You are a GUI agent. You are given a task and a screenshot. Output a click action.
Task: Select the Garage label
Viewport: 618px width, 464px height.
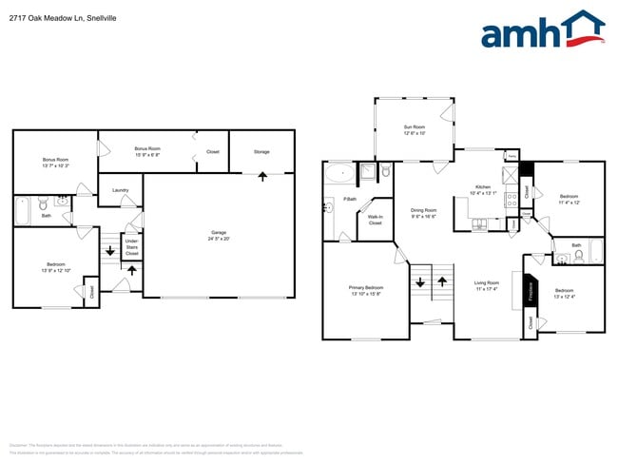click(219, 233)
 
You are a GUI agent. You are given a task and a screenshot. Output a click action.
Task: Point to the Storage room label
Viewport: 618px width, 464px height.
click(261, 152)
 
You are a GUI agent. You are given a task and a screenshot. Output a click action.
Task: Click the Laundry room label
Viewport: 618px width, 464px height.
click(120, 190)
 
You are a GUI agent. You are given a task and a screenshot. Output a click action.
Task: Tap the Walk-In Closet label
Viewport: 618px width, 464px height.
click(375, 220)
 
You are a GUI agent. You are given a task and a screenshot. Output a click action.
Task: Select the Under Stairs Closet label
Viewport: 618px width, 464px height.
click(132, 249)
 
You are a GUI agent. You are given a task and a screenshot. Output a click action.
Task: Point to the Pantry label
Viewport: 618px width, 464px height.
click(511, 155)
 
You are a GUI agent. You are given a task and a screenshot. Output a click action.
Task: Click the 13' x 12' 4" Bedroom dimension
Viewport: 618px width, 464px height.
click(564, 297)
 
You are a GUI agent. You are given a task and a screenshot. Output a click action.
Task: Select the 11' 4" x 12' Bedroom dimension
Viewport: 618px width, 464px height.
click(568, 203)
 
